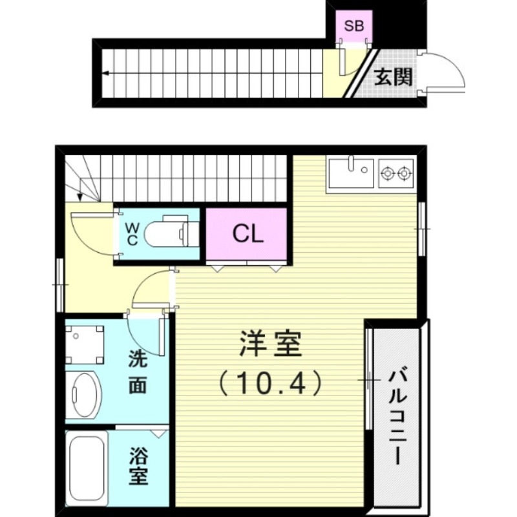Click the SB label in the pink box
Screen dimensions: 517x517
353,26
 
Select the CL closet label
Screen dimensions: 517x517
248,234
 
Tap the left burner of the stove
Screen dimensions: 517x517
388,173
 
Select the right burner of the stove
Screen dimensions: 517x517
405,173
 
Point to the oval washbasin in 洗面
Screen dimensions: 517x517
85,394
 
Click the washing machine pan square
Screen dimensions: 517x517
85,343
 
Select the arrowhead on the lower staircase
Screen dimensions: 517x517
78,196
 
